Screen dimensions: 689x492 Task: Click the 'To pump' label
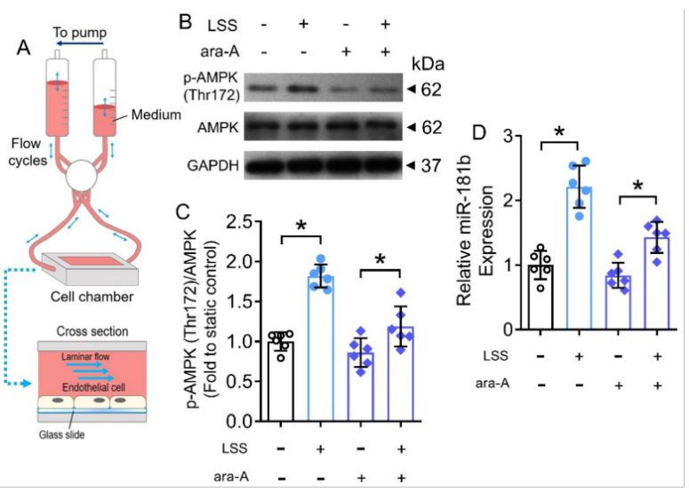[x=80, y=33]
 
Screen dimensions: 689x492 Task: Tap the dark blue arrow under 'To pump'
[x=79, y=43]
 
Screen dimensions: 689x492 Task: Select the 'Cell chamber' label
[x=92, y=297]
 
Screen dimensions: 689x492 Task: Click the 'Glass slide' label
[x=62, y=434]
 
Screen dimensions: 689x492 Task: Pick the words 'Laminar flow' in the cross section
[x=85, y=356]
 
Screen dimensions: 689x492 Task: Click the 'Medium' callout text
[x=156, y=115]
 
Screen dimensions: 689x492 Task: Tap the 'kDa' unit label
[x=428, y=64]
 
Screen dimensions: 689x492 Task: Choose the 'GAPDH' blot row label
[x=212, y=166]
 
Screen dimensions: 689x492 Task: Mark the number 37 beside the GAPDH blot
[x=430, y=165]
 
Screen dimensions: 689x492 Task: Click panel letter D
[x=479, y=132]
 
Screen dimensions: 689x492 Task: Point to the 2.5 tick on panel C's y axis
[x=239, y=222]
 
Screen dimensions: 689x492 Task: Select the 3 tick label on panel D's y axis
[x=508, y=136]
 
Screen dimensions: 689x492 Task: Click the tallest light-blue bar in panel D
[x=579, y=258]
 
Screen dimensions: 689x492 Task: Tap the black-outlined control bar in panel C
[x=281, y=381]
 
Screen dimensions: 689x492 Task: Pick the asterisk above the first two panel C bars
[x=301, y=226]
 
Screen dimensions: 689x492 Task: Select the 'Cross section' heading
[x=92, y=331]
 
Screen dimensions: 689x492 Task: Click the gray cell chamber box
[x=90, y=268]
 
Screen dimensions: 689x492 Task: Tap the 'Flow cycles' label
[x=27, y=152]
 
